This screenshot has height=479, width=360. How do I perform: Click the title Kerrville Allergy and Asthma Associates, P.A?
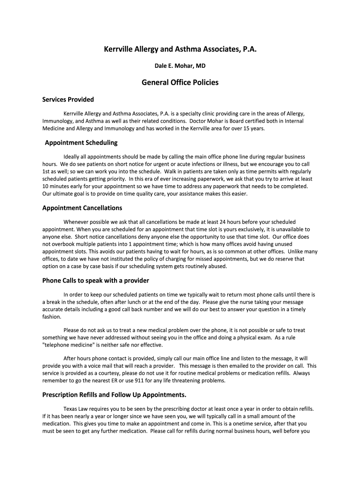(x=180, y=49)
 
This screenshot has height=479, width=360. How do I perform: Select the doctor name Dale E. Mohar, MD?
(x=180, y=66)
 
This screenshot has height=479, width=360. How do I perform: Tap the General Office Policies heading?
(x=180, y=82)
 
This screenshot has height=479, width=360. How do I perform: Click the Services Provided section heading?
(x=68, y=99)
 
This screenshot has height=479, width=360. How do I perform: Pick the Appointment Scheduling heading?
(x=81, y=142)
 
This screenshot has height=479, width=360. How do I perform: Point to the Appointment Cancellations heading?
(x=82, y=208)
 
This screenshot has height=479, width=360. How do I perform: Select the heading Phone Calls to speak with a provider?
(x=96, y=281)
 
